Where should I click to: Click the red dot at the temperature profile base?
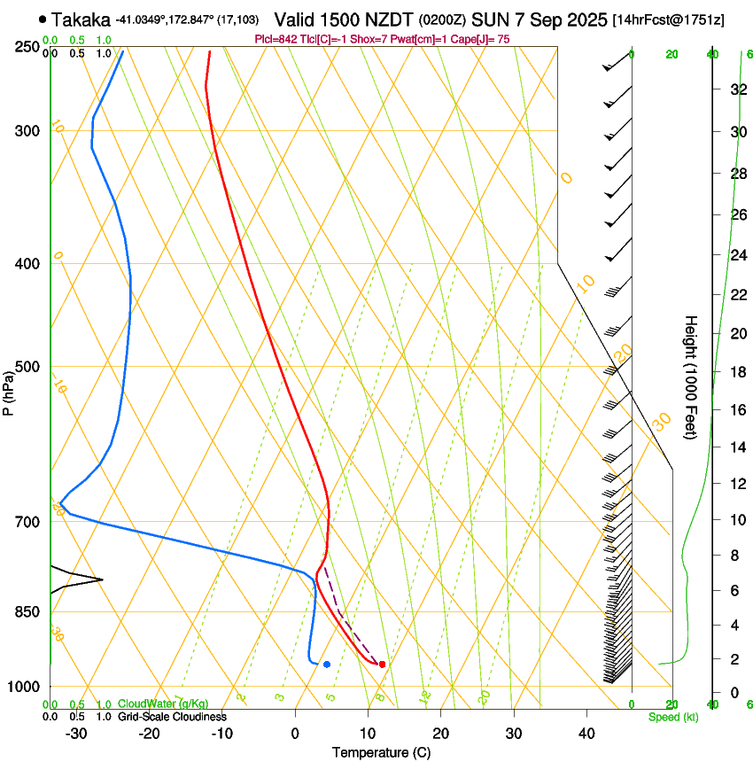coord(382,664)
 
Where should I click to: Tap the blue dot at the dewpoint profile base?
coord(327,664)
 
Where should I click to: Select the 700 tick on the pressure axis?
coord(27,521)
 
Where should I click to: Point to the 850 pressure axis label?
coord(27,611)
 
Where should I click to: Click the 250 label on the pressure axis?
coord(27,46)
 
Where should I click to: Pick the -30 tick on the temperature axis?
coord(75,734)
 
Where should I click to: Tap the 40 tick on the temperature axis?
coord(586,734)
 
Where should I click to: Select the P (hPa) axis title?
coord(9,390)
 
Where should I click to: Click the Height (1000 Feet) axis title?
coord(692,377)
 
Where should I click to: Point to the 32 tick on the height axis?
coord(736,89)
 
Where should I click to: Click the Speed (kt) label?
coord(672,717)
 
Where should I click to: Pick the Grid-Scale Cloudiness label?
coord(173,717)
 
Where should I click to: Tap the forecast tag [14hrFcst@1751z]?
coord(668,19)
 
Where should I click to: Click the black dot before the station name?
coord(43,19)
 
